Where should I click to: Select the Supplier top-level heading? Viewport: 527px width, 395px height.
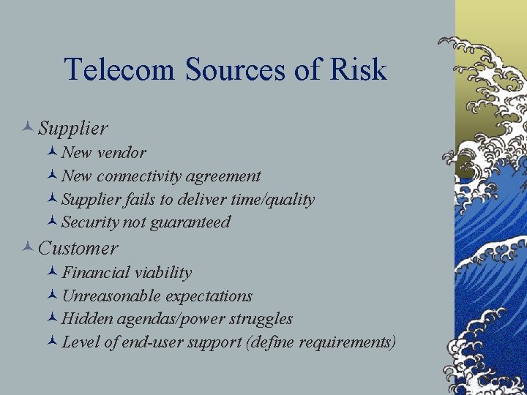[x=73, y=129]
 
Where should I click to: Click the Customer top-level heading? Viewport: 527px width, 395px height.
[x=78, y=249]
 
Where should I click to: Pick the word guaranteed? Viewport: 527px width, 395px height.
[x=193, y=222]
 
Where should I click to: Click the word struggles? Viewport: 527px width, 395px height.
[x=261, y=319]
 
